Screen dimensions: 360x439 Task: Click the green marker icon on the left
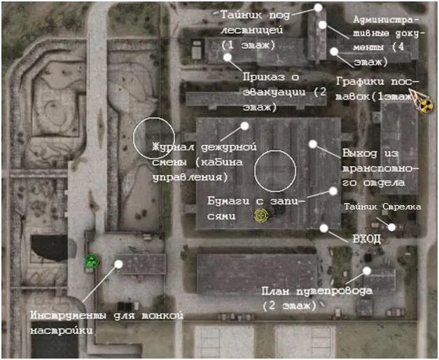91,261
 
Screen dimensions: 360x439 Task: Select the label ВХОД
367,239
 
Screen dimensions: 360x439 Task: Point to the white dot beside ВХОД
323,228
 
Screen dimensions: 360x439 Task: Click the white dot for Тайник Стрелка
392,226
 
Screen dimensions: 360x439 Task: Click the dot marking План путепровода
367,270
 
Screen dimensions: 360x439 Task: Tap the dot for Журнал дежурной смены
245,126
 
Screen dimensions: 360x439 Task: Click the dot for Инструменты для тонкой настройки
119,264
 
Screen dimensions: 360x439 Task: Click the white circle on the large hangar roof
275,171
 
